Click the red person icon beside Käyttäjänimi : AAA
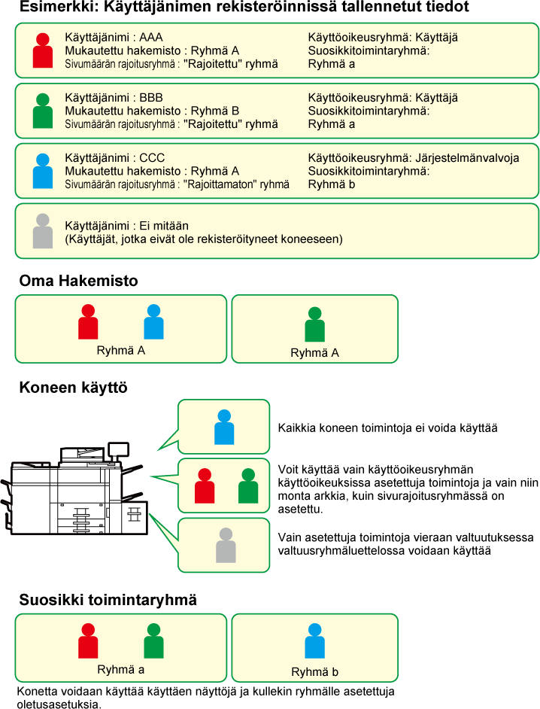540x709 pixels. coord(43,50)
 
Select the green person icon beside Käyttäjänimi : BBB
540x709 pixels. coord(43,111)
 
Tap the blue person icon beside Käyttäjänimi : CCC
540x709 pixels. coord(43,171)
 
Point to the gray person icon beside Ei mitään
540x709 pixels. coord(43,231)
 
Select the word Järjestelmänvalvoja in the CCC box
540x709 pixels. coord(467,158)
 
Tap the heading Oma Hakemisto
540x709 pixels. coord(79,281)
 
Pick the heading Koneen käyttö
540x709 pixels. coord(73,388)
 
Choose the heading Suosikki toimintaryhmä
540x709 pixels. coord(108,600)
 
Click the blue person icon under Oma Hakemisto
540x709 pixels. coord(153,321)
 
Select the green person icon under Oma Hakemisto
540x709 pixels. coord(314,324)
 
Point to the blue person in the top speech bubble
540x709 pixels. coord(224,427)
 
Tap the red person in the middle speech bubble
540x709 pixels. coord(205,485)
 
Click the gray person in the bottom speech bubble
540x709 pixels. coord(226,545)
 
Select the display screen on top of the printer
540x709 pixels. coord(118,449)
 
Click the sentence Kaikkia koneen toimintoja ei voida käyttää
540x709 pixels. coord(388,428)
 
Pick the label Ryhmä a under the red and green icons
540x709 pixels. coord(121,670)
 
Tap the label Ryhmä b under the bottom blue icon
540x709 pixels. coord(315,672)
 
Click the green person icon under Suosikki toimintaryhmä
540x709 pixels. coord(153,641)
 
